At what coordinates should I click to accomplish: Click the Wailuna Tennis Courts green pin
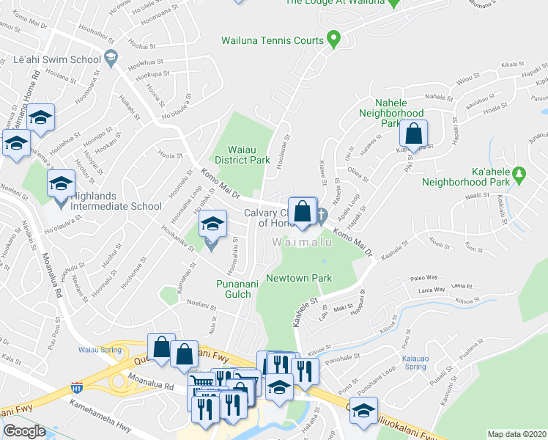coord(334,37)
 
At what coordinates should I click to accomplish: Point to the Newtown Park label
coord(299,278)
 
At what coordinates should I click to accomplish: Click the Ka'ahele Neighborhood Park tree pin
coord(519,175)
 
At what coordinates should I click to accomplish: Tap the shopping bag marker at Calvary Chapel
coord(302,211)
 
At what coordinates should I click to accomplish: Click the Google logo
coord(23,431)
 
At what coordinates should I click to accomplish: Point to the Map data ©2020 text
coord(517,434)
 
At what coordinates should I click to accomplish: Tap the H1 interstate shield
coord(76,386)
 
